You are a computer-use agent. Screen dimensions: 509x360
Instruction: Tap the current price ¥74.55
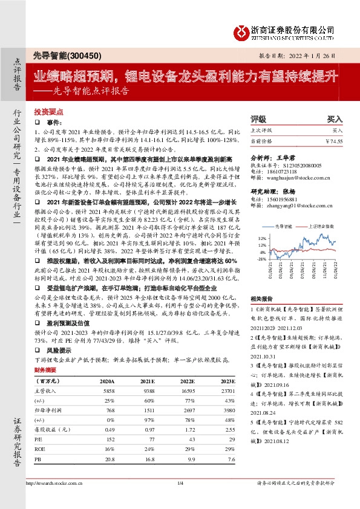tap(333, 141)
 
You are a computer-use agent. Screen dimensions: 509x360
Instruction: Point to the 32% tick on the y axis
tap(263, 238)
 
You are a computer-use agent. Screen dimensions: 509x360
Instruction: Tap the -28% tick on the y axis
tap(262, 258)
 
